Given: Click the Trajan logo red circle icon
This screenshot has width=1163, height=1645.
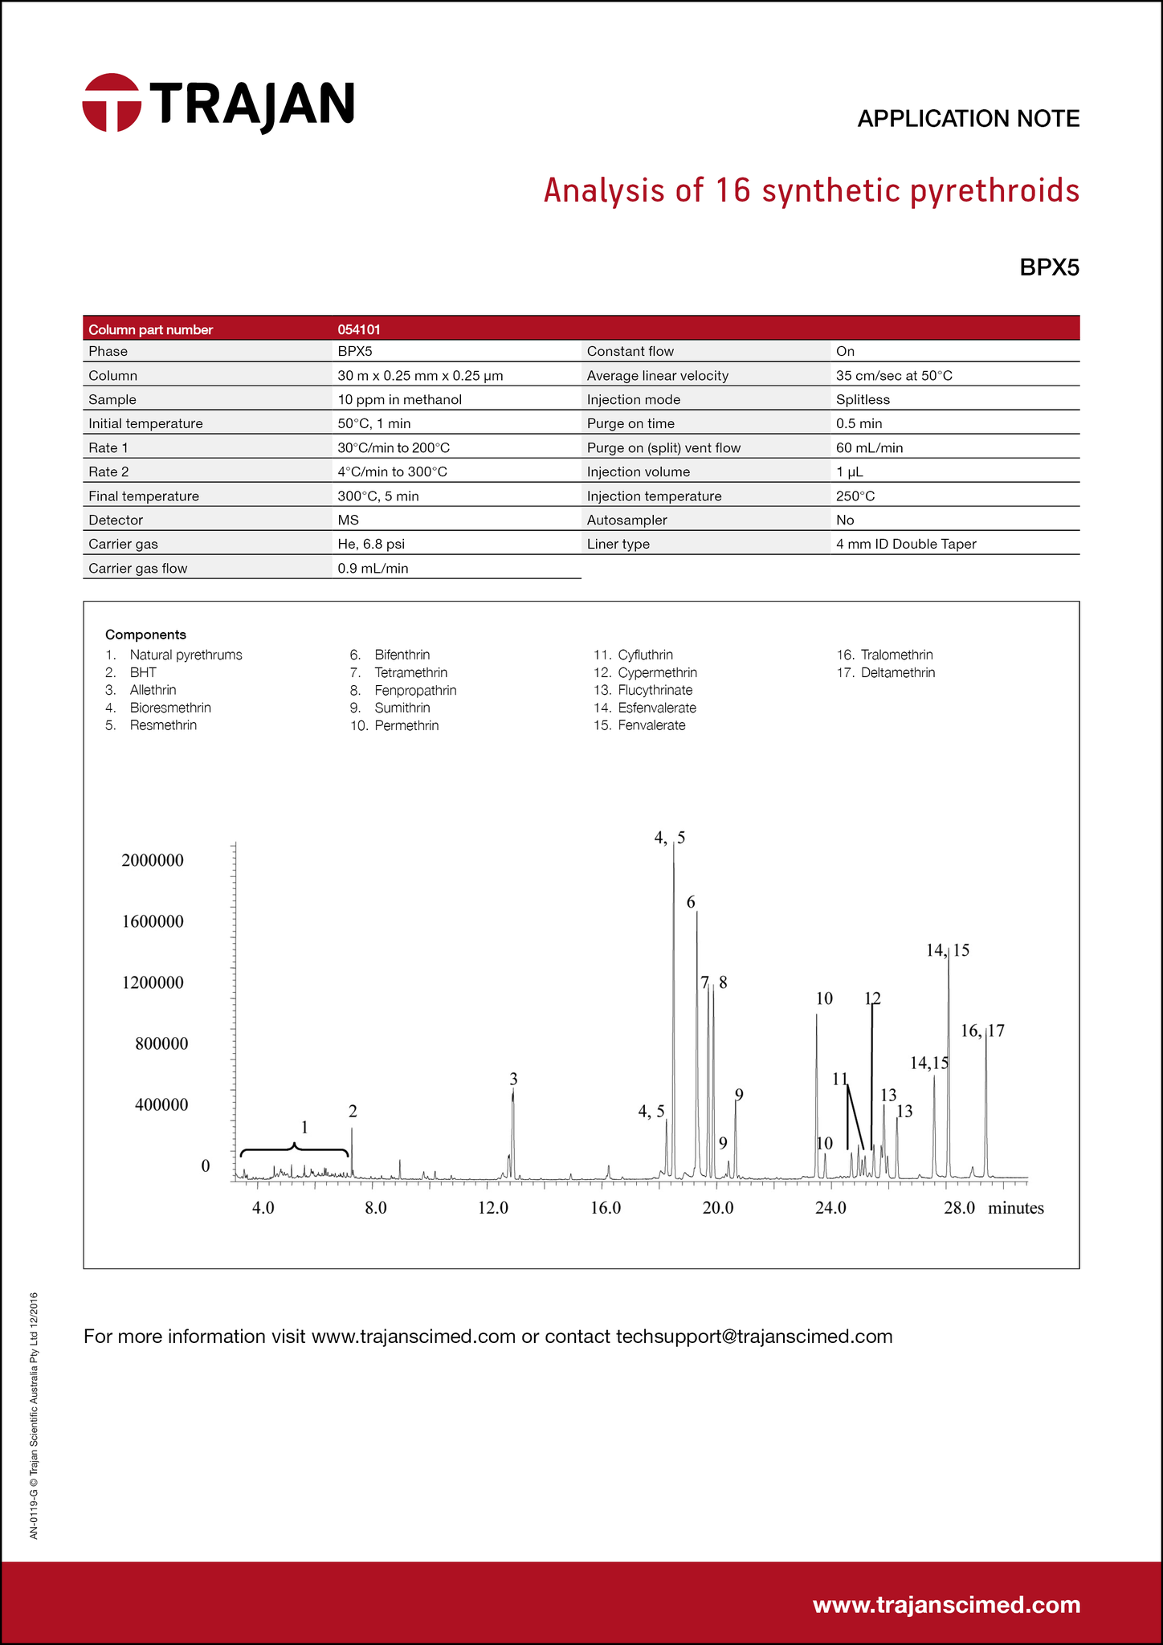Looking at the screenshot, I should pyautogui.click(x=112, y=103).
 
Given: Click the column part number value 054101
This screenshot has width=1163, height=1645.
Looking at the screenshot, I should pyautogui.click(x=358, y=329).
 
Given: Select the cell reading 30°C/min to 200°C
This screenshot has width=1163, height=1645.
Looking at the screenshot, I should pyautogui.click(x=393, y=447).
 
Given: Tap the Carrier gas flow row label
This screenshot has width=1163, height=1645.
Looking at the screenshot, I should pyautogui.click(x=137, y=569).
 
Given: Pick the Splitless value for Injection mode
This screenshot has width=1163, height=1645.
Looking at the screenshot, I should pyautogui.click(x=863, y=399).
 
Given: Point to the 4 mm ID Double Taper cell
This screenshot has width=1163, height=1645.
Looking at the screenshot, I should pyautogui.click(x=906, y=544).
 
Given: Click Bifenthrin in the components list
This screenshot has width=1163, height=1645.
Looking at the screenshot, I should pyautogui.click(x=402, y=655).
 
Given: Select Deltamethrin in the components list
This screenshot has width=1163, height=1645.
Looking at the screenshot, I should pyautogui.click(x=897, y=672).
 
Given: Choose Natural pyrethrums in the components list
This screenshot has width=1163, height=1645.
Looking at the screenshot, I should pyautogui.click(x=186, y=655).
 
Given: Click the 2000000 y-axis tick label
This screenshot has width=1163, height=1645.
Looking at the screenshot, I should pyautogui.click(x=153, y=860).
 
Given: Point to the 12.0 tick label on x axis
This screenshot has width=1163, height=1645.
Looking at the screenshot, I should pyautogui.click(x=493, y=1208).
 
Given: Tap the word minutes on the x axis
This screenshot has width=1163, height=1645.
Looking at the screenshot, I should pyautogui.click(x=1015, y=1208).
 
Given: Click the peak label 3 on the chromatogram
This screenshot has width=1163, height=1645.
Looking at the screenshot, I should pyautogui.click(x=513, y=1079).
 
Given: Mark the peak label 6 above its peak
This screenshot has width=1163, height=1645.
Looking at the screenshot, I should pyautogui.click(x=691, y=902).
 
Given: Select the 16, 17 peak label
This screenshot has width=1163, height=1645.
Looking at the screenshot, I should pyautogui.click(x=982, y=1031).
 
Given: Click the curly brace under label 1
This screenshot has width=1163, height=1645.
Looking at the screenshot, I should pyautogui.click(x=295, y=1149).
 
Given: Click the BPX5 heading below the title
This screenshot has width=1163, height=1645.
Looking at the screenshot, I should pyautogui.click(x=1049, y=267).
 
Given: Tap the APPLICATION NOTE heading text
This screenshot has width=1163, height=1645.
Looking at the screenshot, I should pyautogui.click(x=968, y=119).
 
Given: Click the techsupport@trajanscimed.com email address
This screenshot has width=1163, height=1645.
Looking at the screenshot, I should pyautogui.click(x=754, y=1336).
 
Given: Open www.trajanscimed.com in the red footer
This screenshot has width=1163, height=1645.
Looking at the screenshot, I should pyautogui.click(x=946, y=1604).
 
